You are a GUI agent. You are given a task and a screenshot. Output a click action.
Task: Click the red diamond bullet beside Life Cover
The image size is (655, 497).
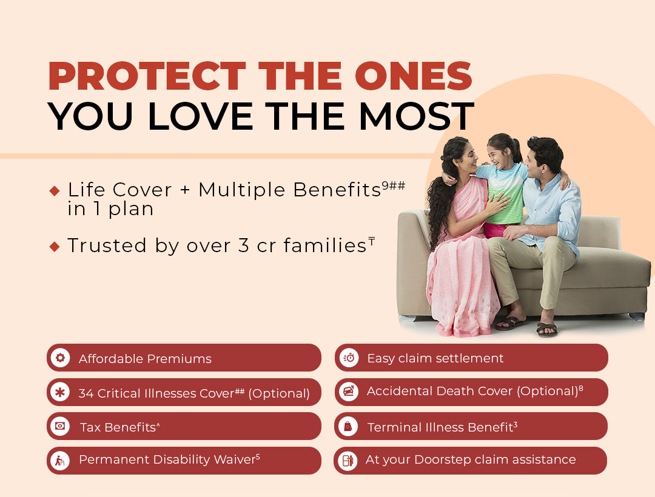(x=55, y=191)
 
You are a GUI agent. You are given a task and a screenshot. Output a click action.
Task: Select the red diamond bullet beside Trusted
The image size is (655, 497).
(x=55, y=246)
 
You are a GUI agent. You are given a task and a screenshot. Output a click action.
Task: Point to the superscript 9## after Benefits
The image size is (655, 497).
(x=394, y=185)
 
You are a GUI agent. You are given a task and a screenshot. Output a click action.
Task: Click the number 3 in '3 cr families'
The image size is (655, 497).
(x=244, y=245)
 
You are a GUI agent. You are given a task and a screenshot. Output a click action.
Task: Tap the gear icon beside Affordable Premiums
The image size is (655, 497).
(x=60, y=358)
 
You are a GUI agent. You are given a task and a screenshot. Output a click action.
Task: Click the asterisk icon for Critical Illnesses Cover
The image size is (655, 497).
(x=60, y=392)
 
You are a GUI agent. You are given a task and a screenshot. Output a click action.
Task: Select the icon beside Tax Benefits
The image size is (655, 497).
(x=60, y=426)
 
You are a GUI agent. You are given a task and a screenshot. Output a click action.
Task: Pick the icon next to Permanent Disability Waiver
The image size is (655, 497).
(x=60, y=461)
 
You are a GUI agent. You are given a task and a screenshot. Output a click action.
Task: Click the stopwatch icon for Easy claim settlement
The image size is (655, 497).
(x=349, y=358)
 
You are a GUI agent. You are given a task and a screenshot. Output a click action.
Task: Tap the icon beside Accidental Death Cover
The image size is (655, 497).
(x=349, y=392)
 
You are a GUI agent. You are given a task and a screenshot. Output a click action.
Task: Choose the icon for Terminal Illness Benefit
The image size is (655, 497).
(x=348, y=427)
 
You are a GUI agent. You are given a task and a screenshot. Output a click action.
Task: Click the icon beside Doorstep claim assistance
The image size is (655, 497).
(x=348, y=461)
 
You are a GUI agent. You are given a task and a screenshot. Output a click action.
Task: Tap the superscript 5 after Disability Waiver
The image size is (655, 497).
(x=258, y=456)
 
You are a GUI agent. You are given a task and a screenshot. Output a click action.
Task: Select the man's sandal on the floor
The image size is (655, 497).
(x=547, y=329)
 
